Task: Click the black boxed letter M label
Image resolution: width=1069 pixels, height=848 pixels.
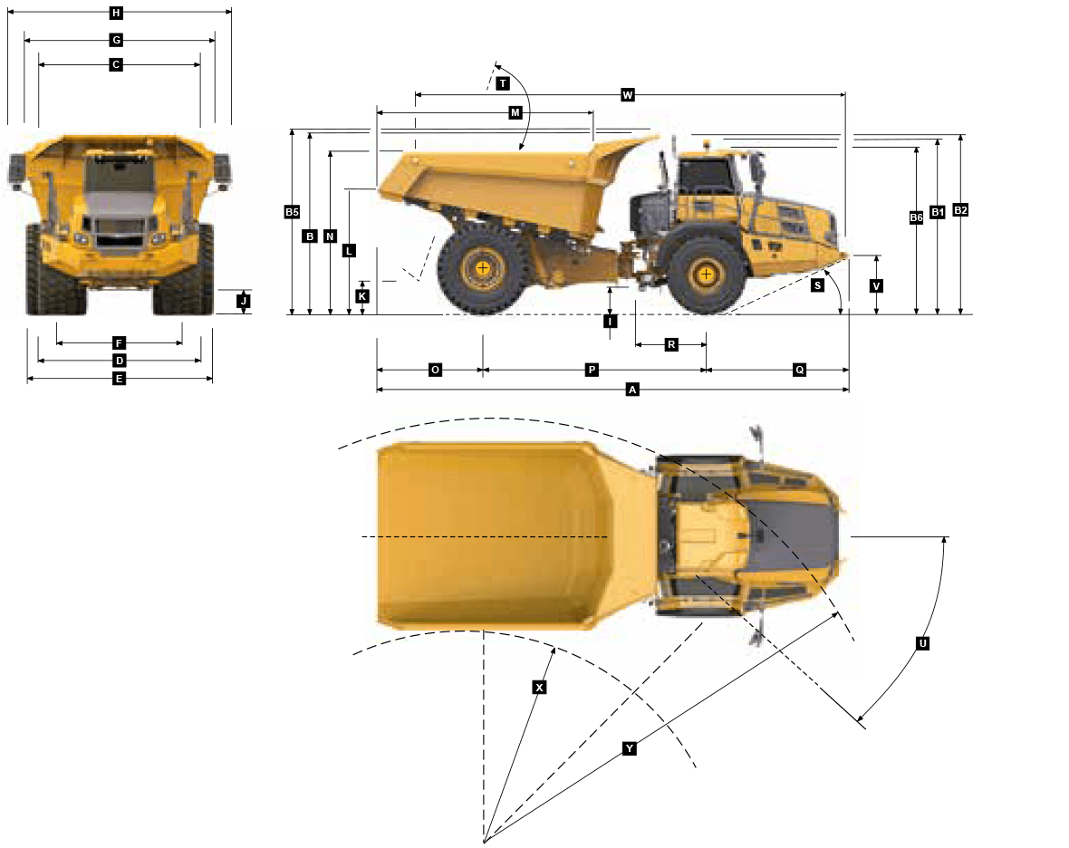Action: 515,112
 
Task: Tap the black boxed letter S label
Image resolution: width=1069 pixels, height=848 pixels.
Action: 817,285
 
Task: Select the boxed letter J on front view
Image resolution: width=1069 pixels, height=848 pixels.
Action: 243,301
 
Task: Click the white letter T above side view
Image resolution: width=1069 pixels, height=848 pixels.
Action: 503,83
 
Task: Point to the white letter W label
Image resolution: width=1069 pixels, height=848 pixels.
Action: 628,95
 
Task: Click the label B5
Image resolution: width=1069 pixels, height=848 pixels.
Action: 292,212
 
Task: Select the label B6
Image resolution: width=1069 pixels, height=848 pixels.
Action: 916,217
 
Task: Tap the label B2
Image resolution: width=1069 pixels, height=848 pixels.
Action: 960,210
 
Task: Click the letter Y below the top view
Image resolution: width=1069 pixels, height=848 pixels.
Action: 630,748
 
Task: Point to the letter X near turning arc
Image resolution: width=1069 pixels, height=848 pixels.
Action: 539,688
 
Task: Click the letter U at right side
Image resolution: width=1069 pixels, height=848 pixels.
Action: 923,643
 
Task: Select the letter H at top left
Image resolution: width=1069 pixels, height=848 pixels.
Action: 116,14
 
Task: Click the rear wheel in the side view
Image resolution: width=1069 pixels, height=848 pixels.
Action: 483,268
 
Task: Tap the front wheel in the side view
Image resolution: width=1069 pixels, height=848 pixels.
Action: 706,273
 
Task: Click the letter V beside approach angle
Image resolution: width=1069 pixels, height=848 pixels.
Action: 876,286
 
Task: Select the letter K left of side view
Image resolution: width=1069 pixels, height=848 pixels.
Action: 361,296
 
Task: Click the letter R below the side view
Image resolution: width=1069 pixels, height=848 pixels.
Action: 671,344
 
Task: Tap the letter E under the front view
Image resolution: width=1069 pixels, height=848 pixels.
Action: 119,379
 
